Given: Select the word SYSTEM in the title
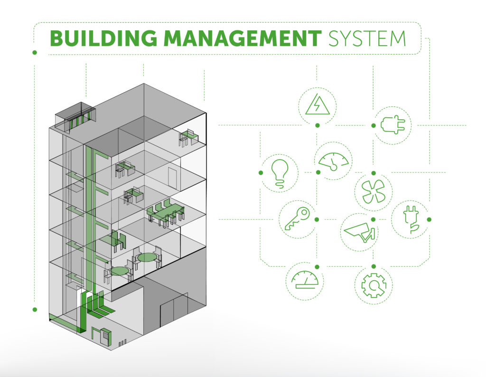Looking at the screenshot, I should [367, 38].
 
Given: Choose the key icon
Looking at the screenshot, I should [297, 219].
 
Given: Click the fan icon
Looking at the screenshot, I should [374, 192].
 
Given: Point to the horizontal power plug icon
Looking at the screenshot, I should [393, 125].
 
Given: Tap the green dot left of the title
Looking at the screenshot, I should [35, 52].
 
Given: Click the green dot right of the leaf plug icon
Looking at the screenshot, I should [429, 219].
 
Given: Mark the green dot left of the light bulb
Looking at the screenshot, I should [261, 173].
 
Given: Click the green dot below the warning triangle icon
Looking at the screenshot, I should [317, 125].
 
